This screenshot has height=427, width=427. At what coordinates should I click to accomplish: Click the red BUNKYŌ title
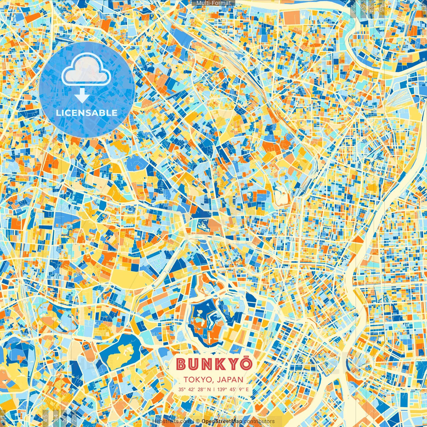[x=213, y=364]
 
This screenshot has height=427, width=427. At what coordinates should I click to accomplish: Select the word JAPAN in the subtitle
[x=230, y=380]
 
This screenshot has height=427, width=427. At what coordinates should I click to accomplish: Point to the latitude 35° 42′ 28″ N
[x=194, y=389]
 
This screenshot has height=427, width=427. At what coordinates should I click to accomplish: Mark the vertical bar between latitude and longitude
[x=214, y=389]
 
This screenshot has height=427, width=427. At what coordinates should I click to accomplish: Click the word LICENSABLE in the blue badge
[x=87, y=113]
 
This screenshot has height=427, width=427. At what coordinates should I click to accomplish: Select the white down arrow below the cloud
[x=81, y=96]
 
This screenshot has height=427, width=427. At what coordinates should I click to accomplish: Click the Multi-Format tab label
[x=213, y=3]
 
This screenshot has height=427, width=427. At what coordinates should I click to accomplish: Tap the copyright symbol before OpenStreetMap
[x=198, y=421]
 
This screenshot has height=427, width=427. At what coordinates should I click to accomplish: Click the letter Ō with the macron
[x=246, y=363]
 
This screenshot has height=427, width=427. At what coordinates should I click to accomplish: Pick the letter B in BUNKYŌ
[x=181, y=364]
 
